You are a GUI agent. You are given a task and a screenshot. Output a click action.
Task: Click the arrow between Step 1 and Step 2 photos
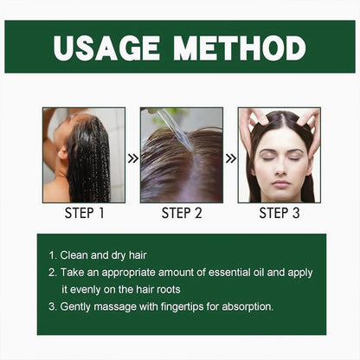132,158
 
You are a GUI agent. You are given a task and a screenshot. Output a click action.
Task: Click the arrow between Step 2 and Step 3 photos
230,158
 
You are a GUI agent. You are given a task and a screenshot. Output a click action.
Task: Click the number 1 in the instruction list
52,255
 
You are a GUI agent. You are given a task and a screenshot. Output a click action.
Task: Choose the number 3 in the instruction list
52,306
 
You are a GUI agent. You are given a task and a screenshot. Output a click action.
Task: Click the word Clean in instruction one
75,255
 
